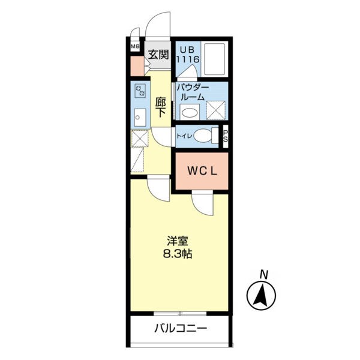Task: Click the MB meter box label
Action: click(135, 47)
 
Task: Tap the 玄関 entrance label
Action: click(158, 55)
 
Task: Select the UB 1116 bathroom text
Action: click(188, 55)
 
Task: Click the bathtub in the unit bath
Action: click(214, 59)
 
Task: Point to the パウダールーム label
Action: click(193, 92)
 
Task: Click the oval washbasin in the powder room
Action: click(190, 113)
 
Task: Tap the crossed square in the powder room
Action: click(216, 110)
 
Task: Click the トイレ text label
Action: click(184, 136)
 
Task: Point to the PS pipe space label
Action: click(226, 136)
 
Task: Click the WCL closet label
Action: click(202, 171)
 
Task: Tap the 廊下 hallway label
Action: click(160, 107)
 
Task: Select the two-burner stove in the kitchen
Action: click(140, 91)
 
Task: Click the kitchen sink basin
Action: click(140, 118)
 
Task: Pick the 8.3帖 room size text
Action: click(178, 254)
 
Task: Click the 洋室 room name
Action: click(178, 241)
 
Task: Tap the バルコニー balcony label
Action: click(181, 329)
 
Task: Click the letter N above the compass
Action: click(264, 275)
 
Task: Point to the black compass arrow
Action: click(261, 296)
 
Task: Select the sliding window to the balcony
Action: click(180, 313)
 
